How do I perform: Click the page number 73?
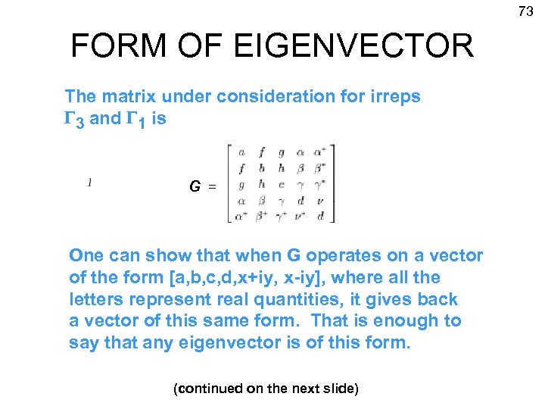525,11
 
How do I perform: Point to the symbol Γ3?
75,118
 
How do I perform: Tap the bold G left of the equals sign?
195,186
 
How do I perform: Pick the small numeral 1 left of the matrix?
90,182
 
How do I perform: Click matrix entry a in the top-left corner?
241,152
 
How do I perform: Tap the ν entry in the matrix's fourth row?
322,201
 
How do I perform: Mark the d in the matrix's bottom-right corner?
322,217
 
